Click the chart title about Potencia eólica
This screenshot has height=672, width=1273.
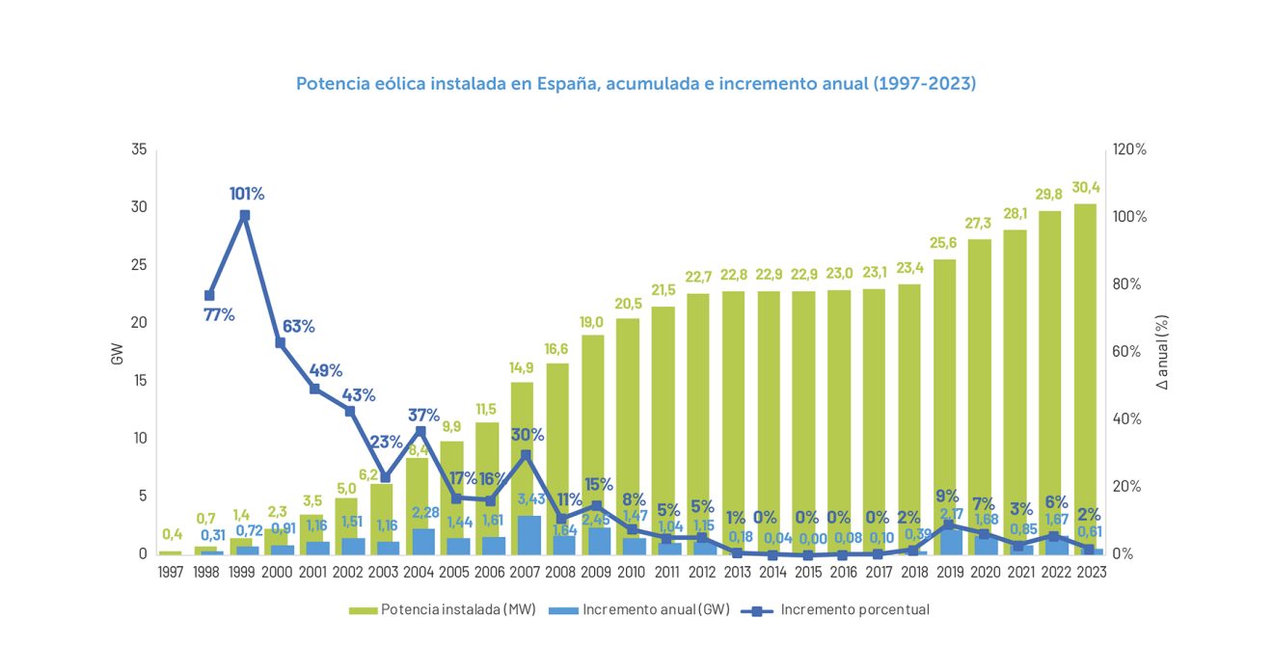click(x=636, y=84)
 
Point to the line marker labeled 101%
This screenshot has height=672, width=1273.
click(x=245, y=215)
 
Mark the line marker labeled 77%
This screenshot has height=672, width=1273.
click(x=209, y=295)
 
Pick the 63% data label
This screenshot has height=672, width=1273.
click(x=298, y=326)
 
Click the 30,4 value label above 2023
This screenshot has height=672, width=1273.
click(x=1087, y=188)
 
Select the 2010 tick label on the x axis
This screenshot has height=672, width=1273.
click(x=631, y=572)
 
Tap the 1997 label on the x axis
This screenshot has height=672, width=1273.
click(x=171, y=572)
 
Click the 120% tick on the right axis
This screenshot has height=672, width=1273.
click(x=1127, y=149)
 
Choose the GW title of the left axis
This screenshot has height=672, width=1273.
click(x=118, y=352)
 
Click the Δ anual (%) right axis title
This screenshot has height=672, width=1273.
click(x=1161, y=352)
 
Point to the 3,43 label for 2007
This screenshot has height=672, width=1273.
click(x=532, y=498)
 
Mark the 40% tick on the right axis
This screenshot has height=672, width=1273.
click(x=1125, y=418)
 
